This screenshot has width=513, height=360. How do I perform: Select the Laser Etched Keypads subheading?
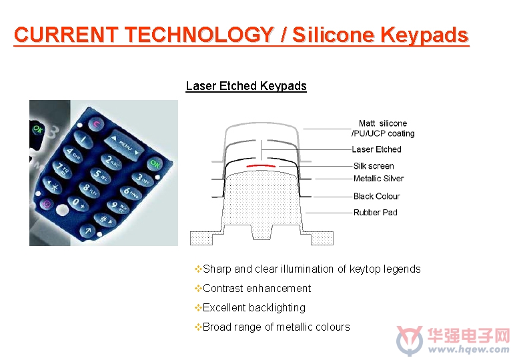pos(246,86)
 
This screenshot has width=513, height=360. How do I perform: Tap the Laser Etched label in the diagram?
pos(376,149)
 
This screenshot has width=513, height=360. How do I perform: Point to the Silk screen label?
pos(374,166)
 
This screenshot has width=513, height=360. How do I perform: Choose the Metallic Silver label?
pos(378,179)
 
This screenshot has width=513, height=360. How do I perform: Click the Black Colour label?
pos(377,196)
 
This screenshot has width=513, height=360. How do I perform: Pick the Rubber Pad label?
pos(376,213)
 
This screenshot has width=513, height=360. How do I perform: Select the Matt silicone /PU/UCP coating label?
pos(383,128)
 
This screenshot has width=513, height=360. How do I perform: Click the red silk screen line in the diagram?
pos(261,166)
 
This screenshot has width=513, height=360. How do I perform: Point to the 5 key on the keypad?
pos(101,175)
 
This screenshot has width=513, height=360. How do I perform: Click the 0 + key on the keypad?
pos(78,203)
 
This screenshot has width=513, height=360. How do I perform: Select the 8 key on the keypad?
pos(89,189)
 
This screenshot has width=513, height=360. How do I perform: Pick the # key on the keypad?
pos(105,219)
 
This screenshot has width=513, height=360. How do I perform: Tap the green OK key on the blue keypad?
pos(154,164)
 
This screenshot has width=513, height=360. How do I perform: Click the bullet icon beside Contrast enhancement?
pos(198,289)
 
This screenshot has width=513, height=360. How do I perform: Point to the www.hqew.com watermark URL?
pos(468,349)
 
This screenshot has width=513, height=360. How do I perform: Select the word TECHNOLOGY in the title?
pos(199,34)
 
